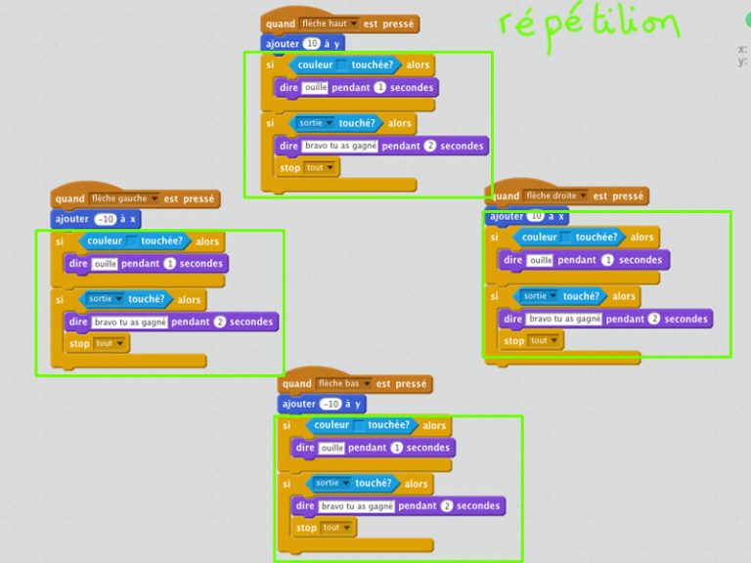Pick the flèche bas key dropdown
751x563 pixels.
coord(343,384)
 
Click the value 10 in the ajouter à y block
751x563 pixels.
coord(312,44)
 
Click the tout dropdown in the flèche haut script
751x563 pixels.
coord(321,168)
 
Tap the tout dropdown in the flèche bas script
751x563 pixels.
coord(337,528)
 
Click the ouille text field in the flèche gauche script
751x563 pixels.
coord(105,263)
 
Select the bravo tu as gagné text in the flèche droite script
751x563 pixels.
coord(564,319)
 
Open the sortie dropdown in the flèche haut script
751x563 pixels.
coord(316,124)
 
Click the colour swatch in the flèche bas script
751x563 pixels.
coord(359,426)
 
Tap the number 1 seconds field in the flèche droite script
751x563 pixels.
coord(607,260)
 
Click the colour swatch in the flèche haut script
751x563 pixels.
coord(342,65)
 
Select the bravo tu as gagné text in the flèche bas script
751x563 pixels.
coord(357,506)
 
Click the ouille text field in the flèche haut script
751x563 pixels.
coord(315,88)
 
